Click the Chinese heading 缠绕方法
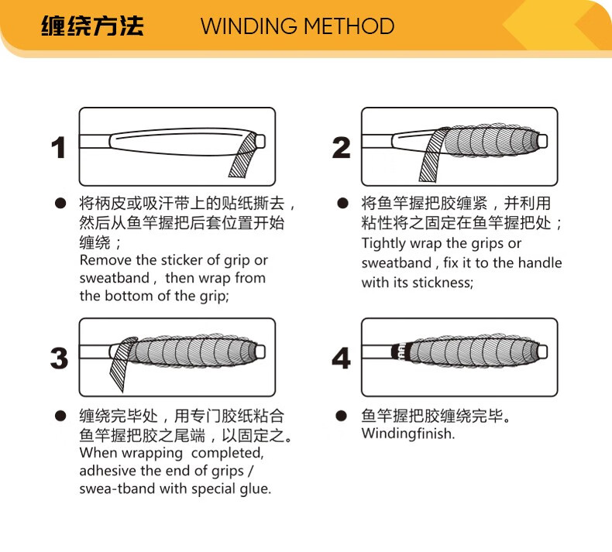coord(92,26)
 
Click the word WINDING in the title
coord(249,26)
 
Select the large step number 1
coord(59,148)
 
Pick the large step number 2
coord(341,148)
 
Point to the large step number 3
coord(60,358)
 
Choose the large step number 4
coord(341,358)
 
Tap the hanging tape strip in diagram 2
coord(432,156)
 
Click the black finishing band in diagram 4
coord(400,352)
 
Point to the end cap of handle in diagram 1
coord(260,141)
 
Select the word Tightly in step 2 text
coord(384,244)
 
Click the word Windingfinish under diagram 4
coord(408,434)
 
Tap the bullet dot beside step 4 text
coord(341,416)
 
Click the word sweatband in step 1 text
coord(115,278)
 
